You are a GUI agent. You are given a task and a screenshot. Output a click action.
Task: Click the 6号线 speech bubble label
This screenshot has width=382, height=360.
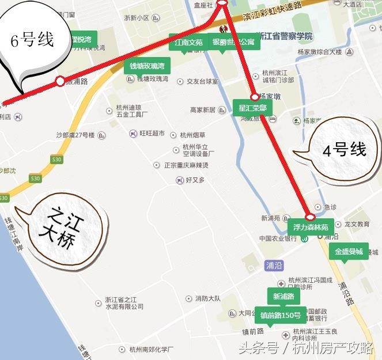(33, 41)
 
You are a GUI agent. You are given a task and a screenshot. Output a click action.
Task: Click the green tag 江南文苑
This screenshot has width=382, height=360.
(186, 42)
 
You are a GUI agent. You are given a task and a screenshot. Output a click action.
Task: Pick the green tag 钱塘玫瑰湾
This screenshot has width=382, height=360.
(147, 66)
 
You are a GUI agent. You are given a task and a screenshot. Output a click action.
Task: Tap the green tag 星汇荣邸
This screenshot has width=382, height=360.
(252, 107)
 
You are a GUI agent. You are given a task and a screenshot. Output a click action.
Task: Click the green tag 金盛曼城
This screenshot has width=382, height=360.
(349, 252)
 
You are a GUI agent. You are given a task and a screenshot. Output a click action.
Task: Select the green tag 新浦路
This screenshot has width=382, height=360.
(283, 297)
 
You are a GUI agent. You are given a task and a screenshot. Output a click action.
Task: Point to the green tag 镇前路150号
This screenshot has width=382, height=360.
(281, 315)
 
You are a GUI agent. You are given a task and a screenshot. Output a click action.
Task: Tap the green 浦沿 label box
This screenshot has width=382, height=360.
(274, 265)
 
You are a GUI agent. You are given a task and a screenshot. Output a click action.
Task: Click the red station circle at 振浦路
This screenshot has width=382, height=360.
(60, 81)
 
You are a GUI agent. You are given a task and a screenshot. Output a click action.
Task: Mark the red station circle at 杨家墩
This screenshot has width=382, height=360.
(254, 97)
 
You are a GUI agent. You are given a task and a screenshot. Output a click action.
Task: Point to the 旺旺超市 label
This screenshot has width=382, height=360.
(152, 133)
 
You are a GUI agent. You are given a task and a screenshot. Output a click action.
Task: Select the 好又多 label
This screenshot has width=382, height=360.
(195, 180)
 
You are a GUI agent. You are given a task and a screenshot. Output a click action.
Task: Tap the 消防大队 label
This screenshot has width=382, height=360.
(208, 298)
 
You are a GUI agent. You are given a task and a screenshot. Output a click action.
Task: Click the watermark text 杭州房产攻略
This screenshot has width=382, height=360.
(334, 348)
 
